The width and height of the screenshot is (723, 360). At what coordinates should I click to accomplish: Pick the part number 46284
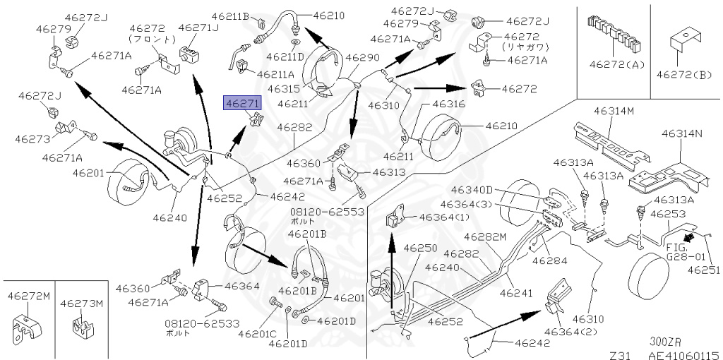(x=549, y=260)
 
